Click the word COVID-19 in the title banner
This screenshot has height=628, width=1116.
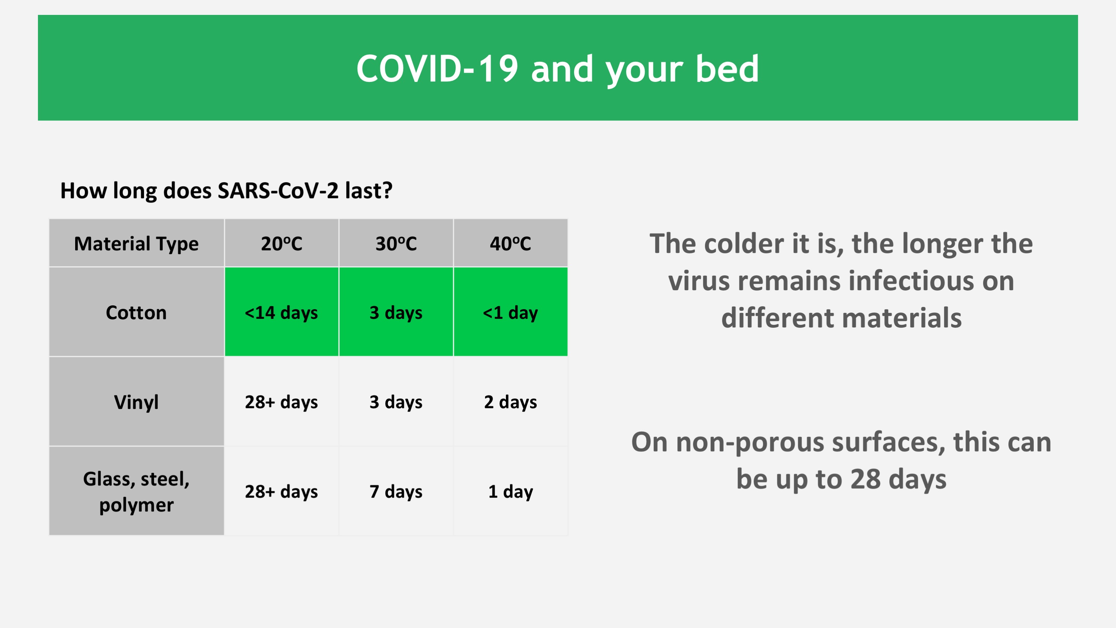pyautogui.click(x=437, y=69)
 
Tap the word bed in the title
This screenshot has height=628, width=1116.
pyautogui.click(x=727, y=69)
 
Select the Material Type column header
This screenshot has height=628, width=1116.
pyautogui.click(x=137, y=243)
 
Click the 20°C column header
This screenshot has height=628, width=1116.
pyautogui.click(x=281, y=243)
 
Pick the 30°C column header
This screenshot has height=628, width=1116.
pyautogui.click(x=396, y=243)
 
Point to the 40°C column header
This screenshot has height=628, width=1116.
pyautogui.click(x=511, y=243)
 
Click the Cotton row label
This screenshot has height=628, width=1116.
pyautogui.click(x=137, y=312)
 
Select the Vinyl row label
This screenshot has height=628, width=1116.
pyautogui.click(x=137, y=402)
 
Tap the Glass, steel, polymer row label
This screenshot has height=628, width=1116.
pyautogui.click(x=137, y=491)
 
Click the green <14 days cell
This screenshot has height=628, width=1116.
pyautogui.click(x=281, y=312)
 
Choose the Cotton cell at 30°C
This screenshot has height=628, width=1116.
pyautogui.click(x=396, y=312)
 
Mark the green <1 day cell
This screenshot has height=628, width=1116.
pyautogui.click(x=511, y=312)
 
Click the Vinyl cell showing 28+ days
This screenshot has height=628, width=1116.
pyautogui.click(x=281, y=402)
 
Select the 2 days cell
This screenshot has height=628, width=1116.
pyautogui.click(x=511, y=402)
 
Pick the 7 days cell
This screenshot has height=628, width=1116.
pyautogui.click(x=396, y=491)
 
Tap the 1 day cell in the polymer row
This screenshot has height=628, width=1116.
pyautogui.click(x=511, y=491)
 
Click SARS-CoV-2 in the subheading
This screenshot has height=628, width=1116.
pyautogui.click(x=278, y=190)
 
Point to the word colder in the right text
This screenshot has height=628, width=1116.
pyautogui.click(x=744, y=243)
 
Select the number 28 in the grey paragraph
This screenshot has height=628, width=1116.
pyautogui.click(x=865, y=479)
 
